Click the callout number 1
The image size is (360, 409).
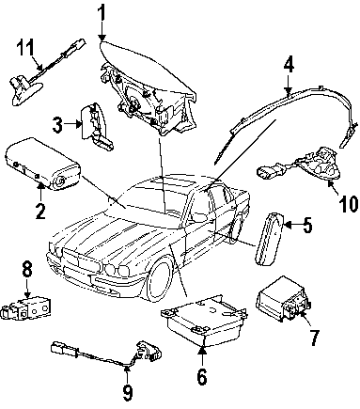pos(102,14)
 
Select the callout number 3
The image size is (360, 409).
pos(57,125)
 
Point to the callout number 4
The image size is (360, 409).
pos(289,65)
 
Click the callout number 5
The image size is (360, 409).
pos(306,225)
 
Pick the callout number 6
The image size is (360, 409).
pos(202,376)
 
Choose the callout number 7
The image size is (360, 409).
pos(314,338)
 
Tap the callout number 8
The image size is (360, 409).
pos(27,269)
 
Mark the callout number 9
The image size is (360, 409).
pos(127,392)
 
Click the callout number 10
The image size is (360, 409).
pos(348,203)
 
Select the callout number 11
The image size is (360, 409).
pos(25,48)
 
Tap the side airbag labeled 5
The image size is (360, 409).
pos(269,239)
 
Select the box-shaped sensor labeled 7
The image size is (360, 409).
pos(283,298)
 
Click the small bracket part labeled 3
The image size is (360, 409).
pos(96,125)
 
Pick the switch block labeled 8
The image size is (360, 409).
pos(25,308)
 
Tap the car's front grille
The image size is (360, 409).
pos(82,260)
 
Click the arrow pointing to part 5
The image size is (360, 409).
pos(291,225)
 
